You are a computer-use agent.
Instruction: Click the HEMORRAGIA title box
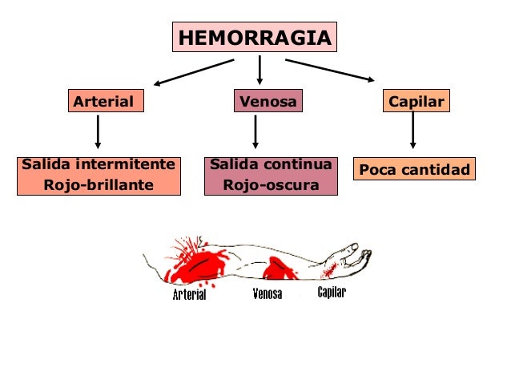click(254, 38)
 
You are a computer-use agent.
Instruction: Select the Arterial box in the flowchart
click(104, 102)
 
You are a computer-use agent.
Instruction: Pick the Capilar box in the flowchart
click(416, 102)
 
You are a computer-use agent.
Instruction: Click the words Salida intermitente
click(99, 165)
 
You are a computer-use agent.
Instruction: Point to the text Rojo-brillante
click(99, 185)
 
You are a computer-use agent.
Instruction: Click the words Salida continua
click(271, 165)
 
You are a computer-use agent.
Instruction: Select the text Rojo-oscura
click(271, 185)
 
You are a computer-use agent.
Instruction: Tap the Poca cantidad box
click(414, 170)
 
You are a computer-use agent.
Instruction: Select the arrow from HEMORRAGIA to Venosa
click(260, 71)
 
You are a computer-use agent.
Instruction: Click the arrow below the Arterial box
click(98, 131)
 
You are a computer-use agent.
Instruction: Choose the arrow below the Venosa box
click(255, 131)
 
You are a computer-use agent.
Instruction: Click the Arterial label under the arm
click(190, 295)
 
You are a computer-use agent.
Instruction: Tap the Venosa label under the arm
click(267, 293)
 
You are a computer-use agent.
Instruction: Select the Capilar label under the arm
click(332, 292)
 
